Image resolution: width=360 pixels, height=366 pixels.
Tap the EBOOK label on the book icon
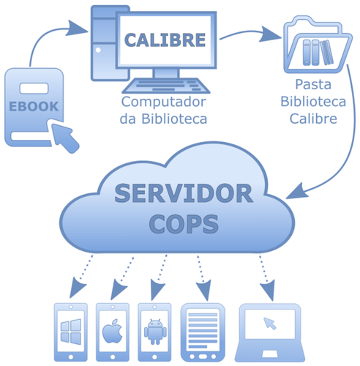[34, 105]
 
